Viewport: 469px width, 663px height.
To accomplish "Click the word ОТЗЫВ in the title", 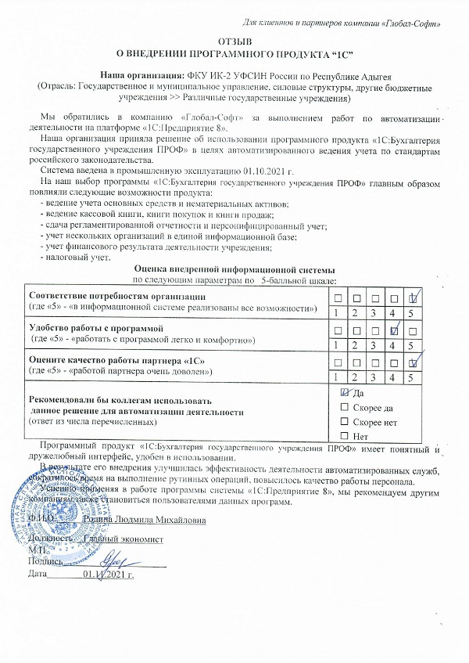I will tap(234, 40).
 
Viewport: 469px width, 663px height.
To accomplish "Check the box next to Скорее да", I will tap(345, 408).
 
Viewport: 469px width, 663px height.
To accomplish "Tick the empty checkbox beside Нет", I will tap(345, 435).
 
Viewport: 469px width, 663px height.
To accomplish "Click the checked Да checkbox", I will tap(345, 392).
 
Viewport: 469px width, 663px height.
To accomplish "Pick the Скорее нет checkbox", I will tap(345, 421).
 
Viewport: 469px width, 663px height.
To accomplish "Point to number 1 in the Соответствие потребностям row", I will tap(336, 313).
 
